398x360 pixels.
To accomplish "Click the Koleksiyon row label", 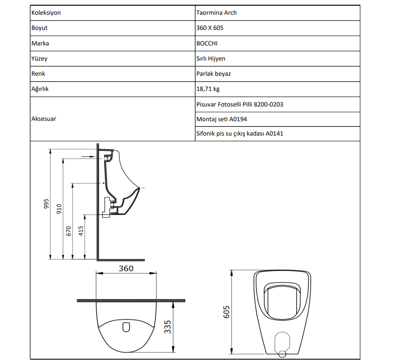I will [x=46, y=13].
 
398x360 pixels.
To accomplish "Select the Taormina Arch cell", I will [x=216, y=13].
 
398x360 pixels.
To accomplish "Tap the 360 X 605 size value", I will [x=210, y=28].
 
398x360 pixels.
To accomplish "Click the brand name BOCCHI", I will [x=208, y=43].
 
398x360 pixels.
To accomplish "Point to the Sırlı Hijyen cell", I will [x=211, y=59].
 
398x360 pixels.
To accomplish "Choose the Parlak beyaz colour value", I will [x=214, y=74].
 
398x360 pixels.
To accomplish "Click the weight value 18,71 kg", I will [x=208, y=89].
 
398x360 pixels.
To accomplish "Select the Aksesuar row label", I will [x=44, y=119].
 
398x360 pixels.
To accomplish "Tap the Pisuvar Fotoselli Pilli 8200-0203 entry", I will [x=240, y=104].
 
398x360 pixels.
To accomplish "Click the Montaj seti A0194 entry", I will [x=222, y=119].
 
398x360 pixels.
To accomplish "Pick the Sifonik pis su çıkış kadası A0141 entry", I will [x=240, y=134].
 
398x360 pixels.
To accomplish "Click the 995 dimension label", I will [x=46, y=204].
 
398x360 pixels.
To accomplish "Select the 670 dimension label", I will [x=69, y=231].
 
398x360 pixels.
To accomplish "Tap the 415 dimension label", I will [x=81, y=231].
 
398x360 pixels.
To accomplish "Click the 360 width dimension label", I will [x=126, y=269].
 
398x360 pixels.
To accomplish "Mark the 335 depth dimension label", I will [x=168, y=326].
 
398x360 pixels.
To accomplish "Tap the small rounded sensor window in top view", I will [x=126, y=327].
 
